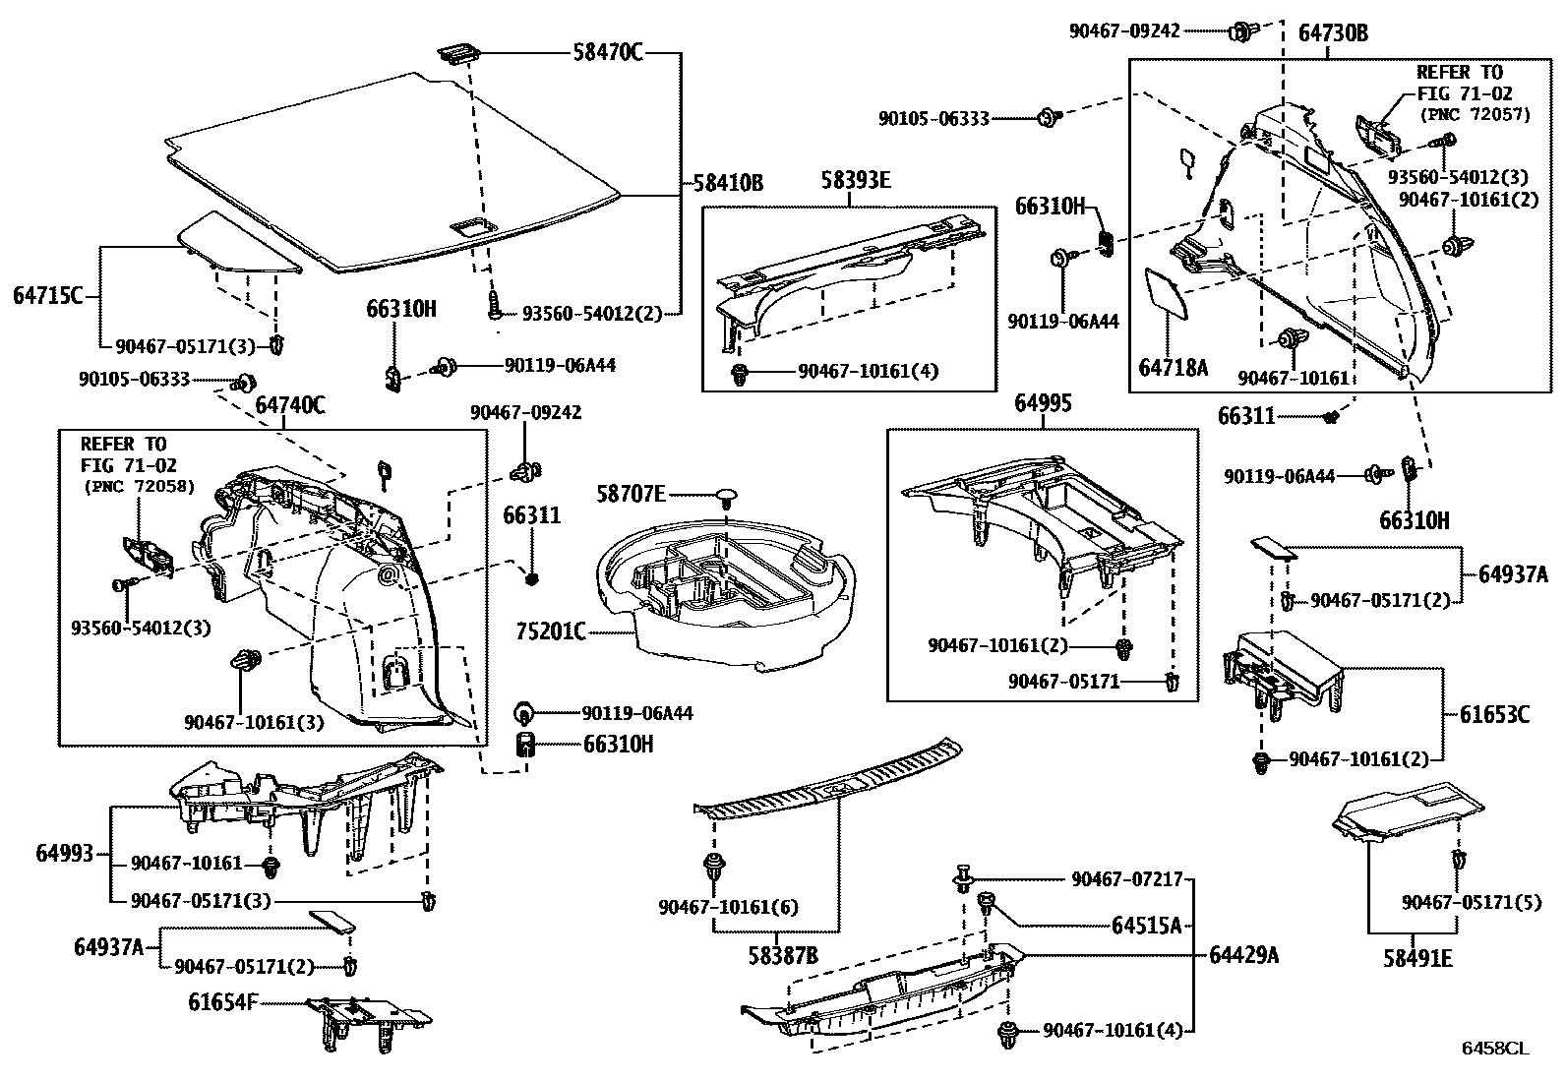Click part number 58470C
coord(607,53)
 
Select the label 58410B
coord(728,184)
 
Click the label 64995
coord(1043,404)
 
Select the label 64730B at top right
coord(1333,33)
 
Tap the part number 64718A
coord(1173,368)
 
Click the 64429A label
coord(1243,953)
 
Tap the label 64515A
coord(1146,925)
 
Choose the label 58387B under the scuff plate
coord(783,954)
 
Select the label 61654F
coord(223,1002)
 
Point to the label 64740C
coord(290,404)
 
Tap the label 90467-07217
coord(1126,879)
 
